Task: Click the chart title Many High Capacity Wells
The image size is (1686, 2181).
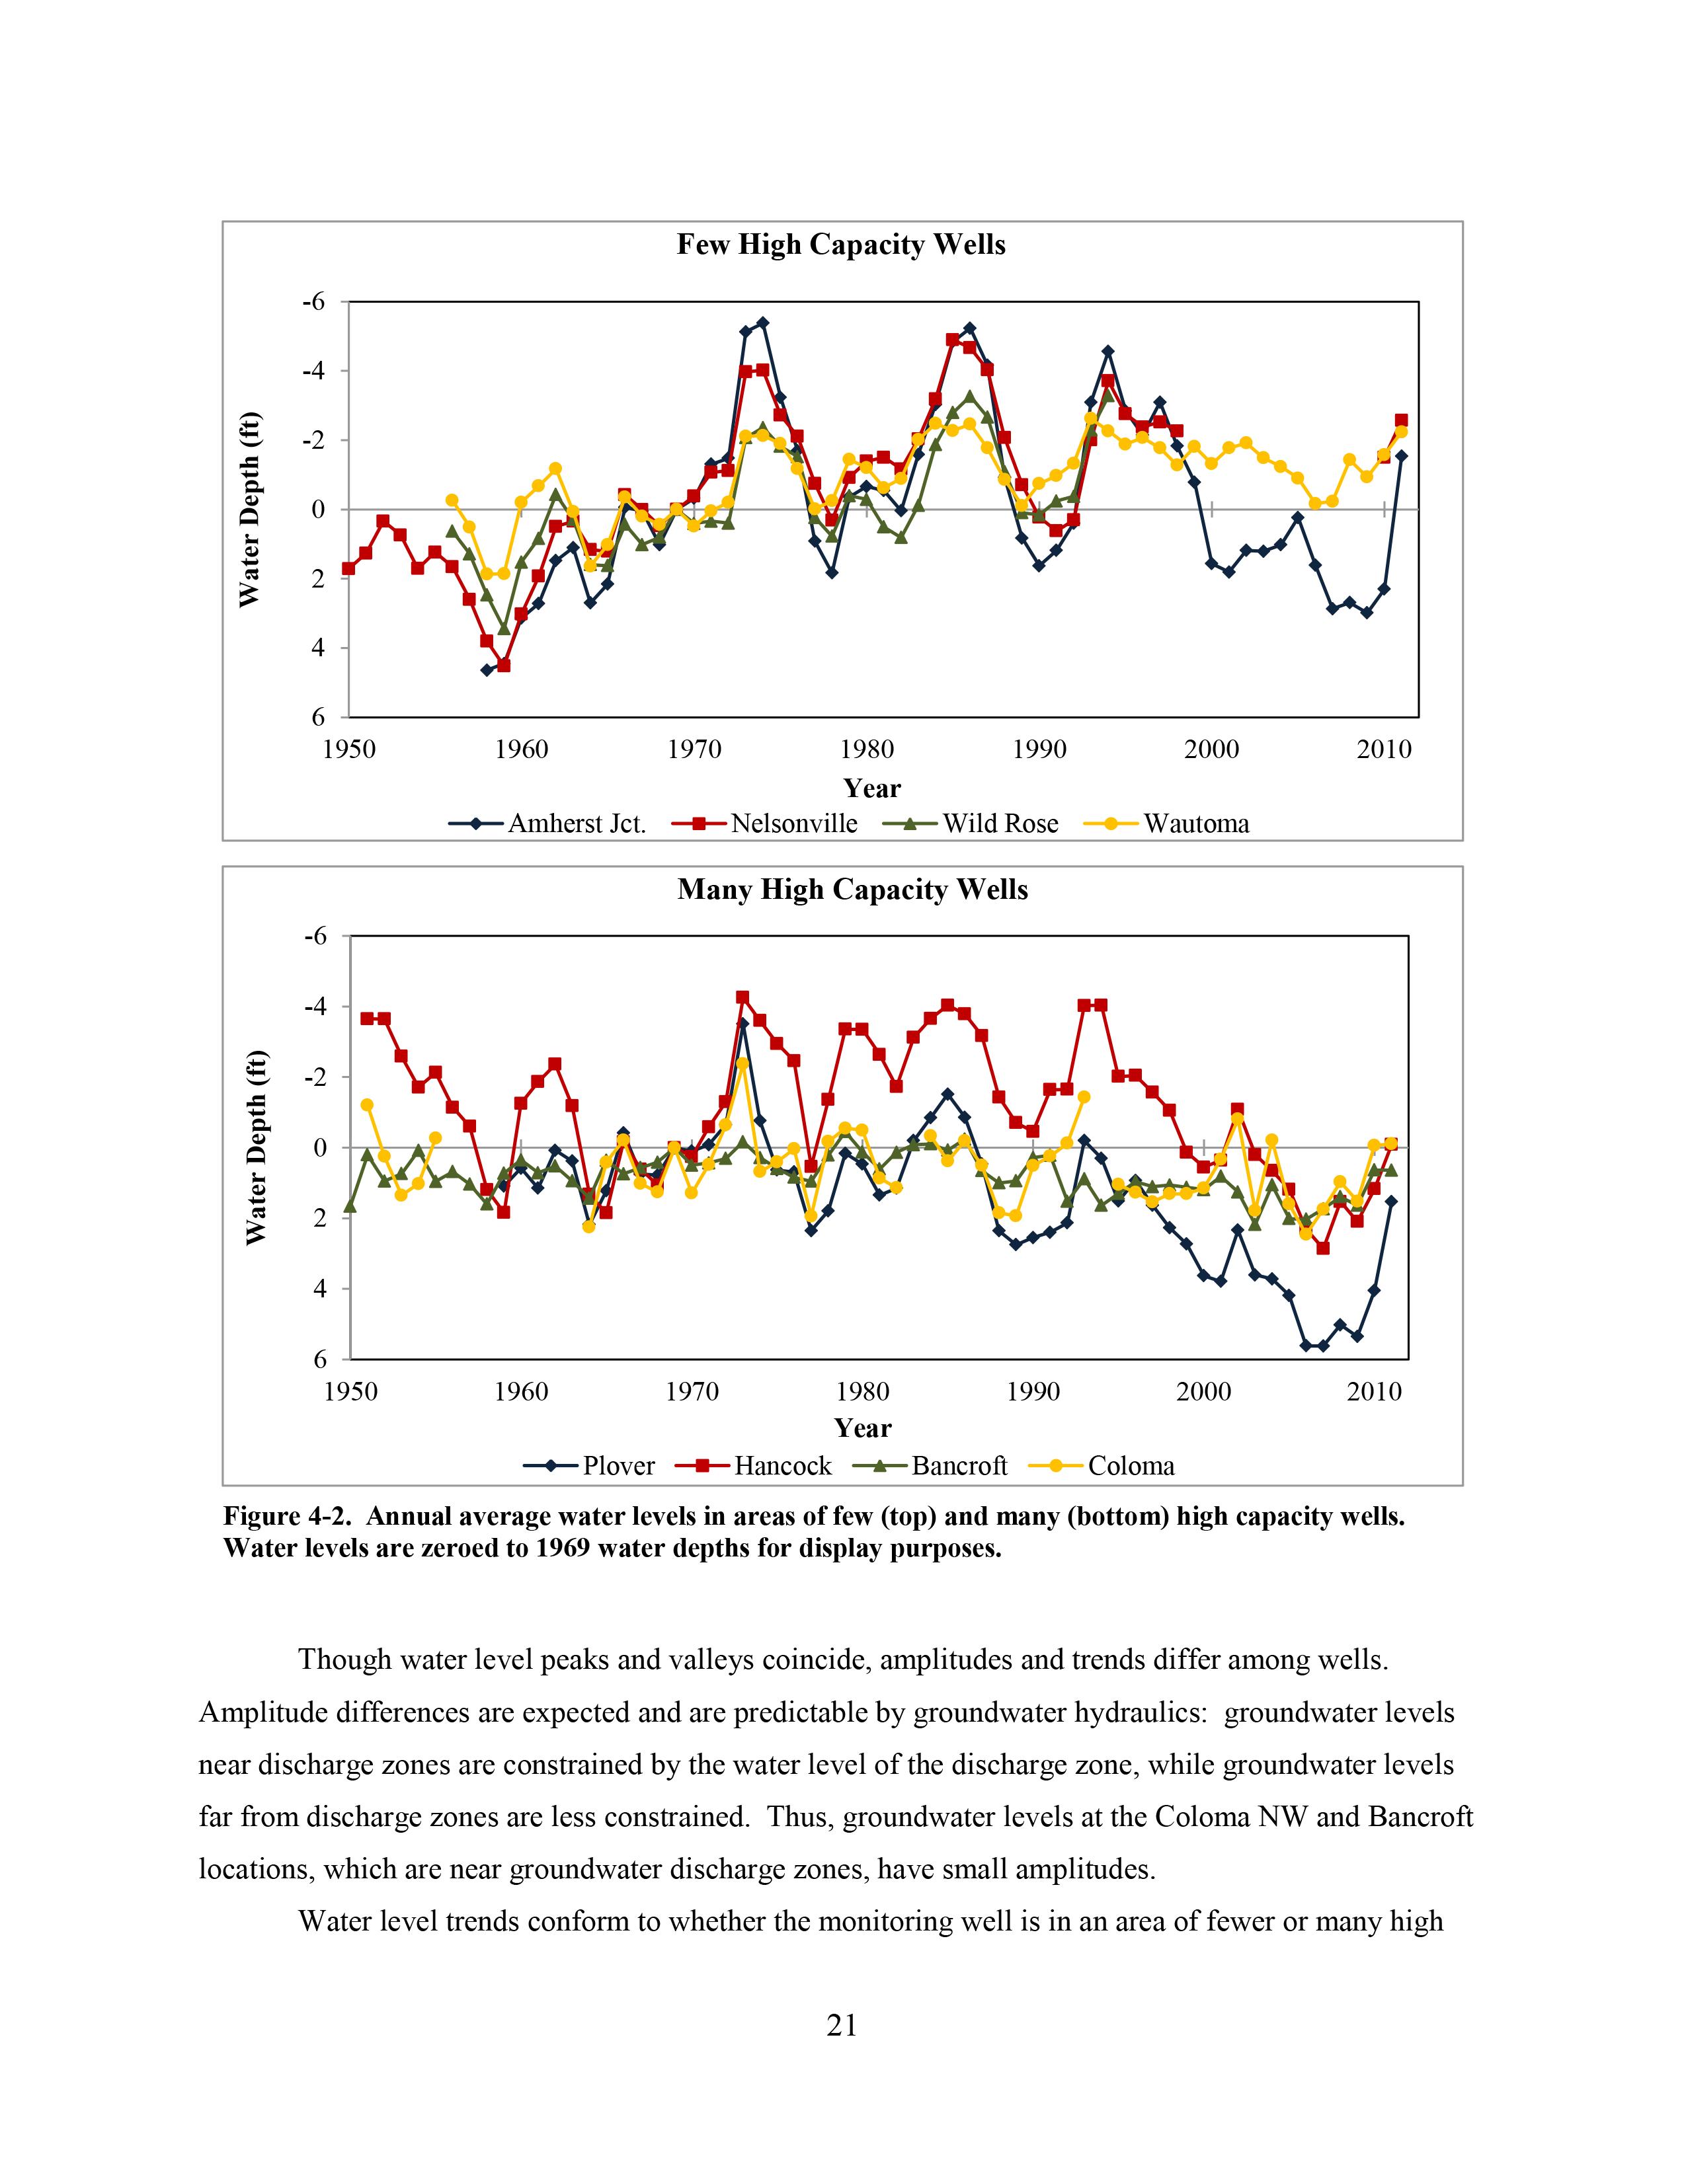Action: pos(852,890)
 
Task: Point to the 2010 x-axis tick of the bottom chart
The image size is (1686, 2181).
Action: pos(1375,1392)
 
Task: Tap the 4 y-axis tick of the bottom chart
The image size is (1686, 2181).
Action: pos(319,1288)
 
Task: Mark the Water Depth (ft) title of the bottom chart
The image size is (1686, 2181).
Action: pos(257,1147)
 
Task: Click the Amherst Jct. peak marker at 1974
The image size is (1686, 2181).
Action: pos(763,323)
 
